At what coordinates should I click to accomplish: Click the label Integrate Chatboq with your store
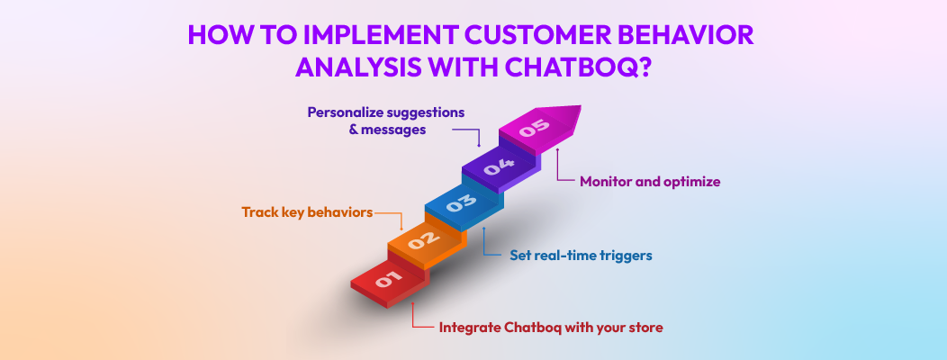coord(550,328)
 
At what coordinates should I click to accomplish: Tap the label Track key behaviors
coord(306,212)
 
